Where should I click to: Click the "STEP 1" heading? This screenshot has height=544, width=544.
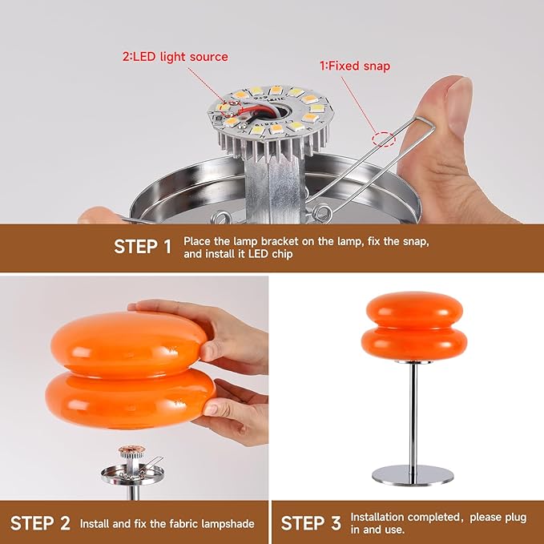(x=143, y=246)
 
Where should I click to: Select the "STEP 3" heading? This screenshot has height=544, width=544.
(x=311, y=523)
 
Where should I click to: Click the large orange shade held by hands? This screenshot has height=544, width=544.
(x=128, y=361)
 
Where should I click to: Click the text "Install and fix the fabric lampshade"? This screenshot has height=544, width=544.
(x=167, y=524)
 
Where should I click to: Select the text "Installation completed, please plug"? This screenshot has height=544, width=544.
(x=438, y=518)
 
